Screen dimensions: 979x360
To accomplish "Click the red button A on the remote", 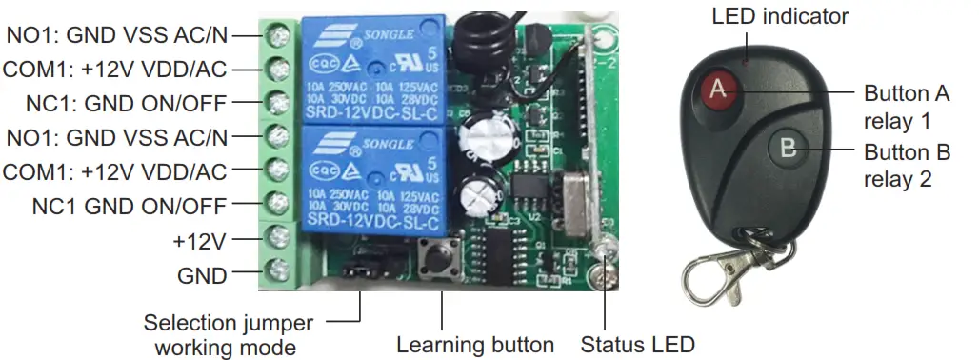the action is pos(720,90).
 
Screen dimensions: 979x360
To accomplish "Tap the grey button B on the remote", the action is pos(787,148).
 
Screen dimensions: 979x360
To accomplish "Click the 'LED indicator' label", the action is pos(779,16).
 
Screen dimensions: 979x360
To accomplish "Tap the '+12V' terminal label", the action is pos(200,241).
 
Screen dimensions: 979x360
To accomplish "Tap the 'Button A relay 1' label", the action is pos(907,108).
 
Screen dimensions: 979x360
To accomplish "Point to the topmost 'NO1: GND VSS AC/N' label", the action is pos(118,34).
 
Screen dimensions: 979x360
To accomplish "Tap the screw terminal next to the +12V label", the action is pos(278,235).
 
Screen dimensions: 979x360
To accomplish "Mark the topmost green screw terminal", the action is pos(278,36).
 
